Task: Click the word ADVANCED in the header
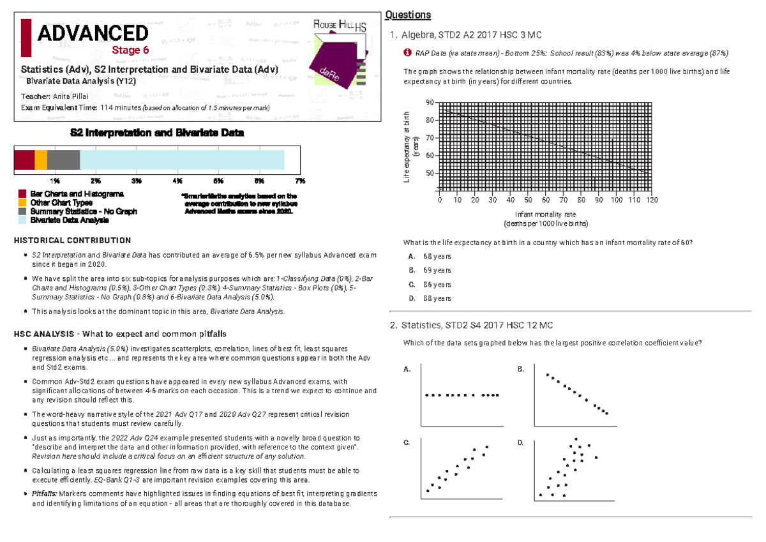click(93, 34)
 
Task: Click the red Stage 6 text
click(130, 50)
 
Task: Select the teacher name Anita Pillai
click(80, 96)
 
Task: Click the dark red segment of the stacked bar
click(24, 160)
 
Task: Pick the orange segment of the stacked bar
click(41, 160)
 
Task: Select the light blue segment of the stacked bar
click(182, 160)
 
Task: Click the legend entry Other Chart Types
click(61, 202)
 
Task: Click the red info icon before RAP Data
click(407, 53)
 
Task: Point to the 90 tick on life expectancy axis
click(429, 103)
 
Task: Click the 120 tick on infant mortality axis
click(652, 200)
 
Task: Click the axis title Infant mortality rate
click(545, 215)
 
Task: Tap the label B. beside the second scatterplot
click(521, 370)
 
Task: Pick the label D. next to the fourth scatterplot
click(521, 442)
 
